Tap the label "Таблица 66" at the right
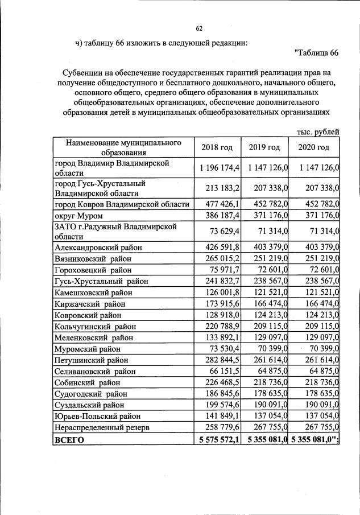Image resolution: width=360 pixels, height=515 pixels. [x=317, y=53]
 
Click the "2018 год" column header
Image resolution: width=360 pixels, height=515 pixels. [x=217, y=147]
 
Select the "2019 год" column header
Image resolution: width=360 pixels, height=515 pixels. [x=264, y=147]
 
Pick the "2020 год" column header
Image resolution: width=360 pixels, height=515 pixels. [x=313, y=147]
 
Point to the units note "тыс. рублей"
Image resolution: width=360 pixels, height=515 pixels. [x=318, y=132]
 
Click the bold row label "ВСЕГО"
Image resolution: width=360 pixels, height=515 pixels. [x=69, y=440]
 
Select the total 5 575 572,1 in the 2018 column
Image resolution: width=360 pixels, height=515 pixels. [x=218, y=440]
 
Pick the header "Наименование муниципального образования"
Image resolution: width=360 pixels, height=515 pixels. [x=123, y=147]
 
